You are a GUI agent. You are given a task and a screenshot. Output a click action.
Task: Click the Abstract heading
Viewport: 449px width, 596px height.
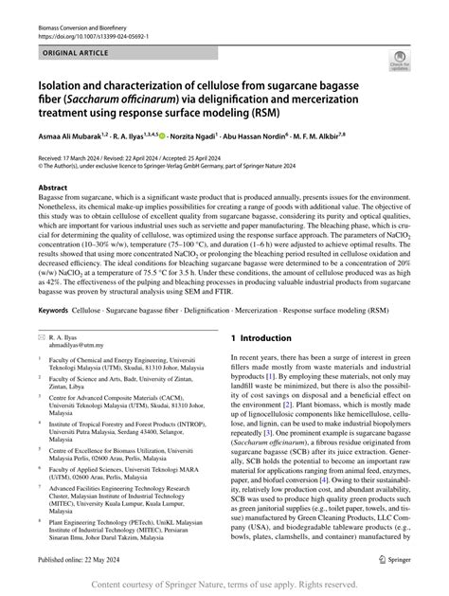53,188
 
